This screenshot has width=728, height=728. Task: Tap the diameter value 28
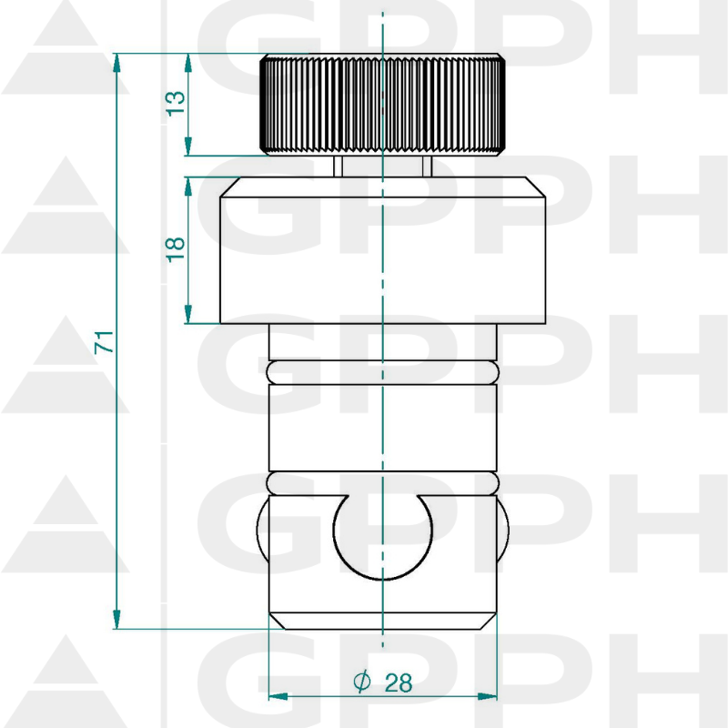398,682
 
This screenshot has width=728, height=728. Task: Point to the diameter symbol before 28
361,682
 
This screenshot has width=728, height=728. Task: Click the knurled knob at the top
382,105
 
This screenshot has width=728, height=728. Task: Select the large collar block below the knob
382,250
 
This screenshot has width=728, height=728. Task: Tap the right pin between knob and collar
427,166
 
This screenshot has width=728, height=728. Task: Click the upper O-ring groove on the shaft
383,371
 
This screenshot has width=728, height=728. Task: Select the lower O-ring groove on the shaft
383,482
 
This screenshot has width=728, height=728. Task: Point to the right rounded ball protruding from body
503,531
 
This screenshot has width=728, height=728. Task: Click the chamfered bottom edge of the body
383,622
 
